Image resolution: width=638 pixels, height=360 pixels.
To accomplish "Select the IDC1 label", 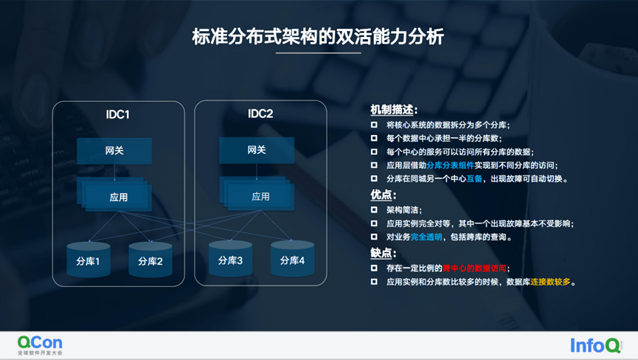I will click(118, 114).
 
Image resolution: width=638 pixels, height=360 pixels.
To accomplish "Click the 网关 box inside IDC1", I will click(114, 150).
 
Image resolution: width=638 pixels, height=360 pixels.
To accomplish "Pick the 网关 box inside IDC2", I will click(257, 150).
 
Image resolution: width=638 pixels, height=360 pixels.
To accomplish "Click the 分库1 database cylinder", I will click(88, 260).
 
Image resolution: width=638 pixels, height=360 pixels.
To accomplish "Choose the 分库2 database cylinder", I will click(150, 260).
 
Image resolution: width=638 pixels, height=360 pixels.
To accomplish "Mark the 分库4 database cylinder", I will click(292, 260).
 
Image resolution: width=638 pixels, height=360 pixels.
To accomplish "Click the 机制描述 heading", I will click(394, 109).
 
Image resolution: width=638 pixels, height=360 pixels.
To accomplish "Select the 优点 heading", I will click(383, 195).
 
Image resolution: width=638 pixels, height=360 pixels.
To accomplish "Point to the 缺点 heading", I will click(383, 253).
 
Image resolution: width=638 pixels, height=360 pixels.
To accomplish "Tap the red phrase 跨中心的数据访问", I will click(476, 268).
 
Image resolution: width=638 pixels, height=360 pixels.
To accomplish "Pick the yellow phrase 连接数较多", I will click(548, 282).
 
